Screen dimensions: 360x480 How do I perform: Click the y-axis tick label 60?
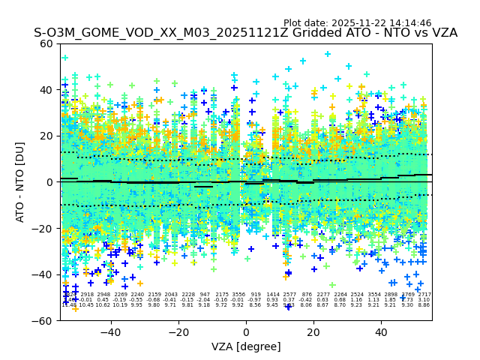47,43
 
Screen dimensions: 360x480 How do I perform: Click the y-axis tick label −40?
44,274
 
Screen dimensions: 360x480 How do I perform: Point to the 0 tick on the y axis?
50,182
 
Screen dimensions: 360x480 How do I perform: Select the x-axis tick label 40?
381,331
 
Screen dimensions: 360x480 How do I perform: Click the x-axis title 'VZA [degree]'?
246,346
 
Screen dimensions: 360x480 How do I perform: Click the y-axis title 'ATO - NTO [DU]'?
21,182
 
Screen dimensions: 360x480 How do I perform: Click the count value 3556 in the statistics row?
238,295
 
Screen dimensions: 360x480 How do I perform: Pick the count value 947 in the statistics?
205,295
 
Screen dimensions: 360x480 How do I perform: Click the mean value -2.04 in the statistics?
205,300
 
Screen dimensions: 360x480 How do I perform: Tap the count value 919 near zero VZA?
256,295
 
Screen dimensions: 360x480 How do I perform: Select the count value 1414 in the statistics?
272,295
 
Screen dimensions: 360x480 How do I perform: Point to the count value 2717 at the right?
424,295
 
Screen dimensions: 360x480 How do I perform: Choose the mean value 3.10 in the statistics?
424,300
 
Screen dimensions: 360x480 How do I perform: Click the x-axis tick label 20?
313,331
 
